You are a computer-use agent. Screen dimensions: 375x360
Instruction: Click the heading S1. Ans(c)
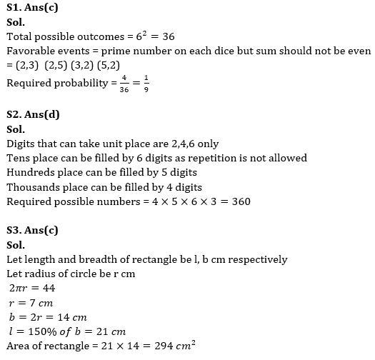coord(33,9)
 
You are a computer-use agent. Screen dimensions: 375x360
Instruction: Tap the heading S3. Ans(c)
coord(33,231)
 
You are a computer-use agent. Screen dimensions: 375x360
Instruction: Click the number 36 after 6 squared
coord(167,36)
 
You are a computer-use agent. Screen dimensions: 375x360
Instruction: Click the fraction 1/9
coord(146,84)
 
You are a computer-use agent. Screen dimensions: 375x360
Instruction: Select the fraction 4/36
coord(123,84)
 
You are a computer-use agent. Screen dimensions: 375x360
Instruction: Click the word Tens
coord(19,158)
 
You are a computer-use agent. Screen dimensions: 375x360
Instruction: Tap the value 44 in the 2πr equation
coord(47,289)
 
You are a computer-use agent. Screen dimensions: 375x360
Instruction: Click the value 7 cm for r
coord(40,303)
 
